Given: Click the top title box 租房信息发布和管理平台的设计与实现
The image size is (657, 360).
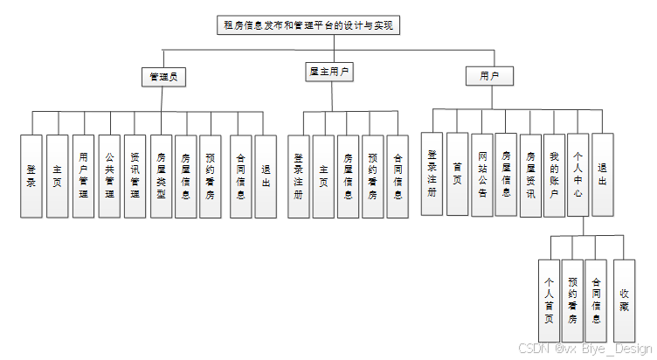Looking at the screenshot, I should pos(308,25).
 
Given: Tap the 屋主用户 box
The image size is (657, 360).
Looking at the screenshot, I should pos(329,73).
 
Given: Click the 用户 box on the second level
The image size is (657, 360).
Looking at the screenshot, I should pos(489,77).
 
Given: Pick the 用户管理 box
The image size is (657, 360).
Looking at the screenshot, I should pos(83,176).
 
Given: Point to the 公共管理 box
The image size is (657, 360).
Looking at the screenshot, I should pos(109,176).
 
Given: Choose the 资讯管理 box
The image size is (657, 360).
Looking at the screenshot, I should pos(135,176).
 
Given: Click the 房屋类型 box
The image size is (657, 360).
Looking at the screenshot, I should pos(161,176).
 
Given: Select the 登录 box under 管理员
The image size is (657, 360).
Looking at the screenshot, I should pos(31,176).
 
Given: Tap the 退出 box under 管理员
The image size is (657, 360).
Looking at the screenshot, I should pos(266,176).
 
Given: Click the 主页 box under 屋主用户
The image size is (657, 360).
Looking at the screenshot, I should pos(323,176).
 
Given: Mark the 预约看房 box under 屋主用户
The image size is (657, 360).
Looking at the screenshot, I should pos(372,176).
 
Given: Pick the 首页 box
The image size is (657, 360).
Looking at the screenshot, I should pos(457,173).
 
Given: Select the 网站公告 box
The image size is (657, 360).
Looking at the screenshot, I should pos(481,173).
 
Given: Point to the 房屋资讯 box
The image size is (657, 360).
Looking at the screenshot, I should pos(530,173).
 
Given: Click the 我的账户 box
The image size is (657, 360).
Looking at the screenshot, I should pos(553,173).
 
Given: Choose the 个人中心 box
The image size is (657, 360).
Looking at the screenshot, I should pos(577,173).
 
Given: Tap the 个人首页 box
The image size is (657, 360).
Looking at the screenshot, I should pos(549,300).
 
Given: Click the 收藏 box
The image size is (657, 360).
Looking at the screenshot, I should pos(624,300).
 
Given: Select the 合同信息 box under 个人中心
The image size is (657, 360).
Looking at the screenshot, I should pos(596,300).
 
